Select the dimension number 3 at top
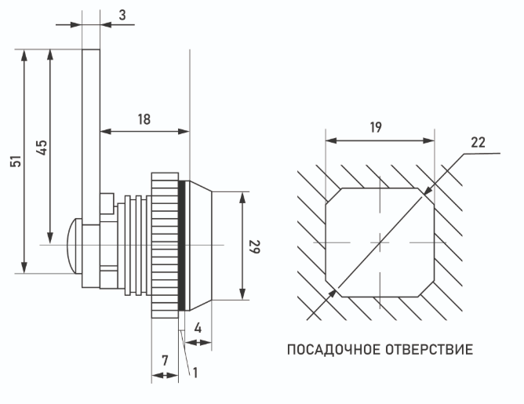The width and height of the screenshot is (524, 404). click(123, 15)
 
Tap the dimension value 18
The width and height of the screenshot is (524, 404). click(144, 119)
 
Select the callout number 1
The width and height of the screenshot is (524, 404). click(195, 373)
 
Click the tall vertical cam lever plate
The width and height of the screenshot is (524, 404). click(90, 133)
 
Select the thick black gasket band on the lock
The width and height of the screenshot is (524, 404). click(183, 244)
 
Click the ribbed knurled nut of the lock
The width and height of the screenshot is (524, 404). click(165, 244)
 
